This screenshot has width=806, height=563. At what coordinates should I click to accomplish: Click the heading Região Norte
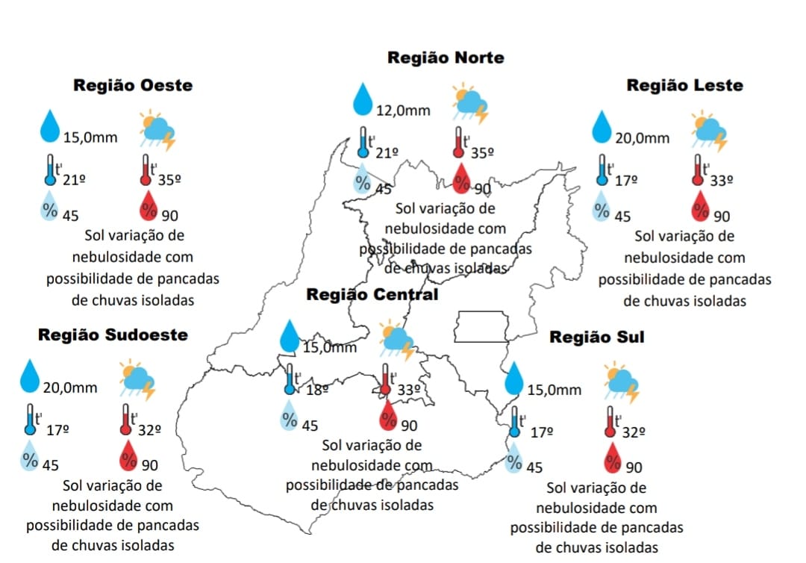click(x=446, y=57)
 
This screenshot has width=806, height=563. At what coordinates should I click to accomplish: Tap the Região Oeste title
click(x=133, y=85)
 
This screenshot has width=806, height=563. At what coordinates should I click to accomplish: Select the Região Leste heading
click(x=684, y=85)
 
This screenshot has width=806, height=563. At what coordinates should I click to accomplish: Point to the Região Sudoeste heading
click(x=113, y=335)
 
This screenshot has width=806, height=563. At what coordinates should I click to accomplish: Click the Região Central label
click(x=372, y=294)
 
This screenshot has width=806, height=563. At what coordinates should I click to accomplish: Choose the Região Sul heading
click(x=596, y=337)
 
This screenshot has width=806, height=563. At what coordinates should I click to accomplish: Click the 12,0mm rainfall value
click(x=403, y=111)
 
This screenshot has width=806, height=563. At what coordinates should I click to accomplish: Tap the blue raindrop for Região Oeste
click(x=50, y=127)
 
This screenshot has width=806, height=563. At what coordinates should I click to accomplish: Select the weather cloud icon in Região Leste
click(x=709, y=131)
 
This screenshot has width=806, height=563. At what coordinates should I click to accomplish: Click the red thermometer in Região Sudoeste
click(x=126, y=420)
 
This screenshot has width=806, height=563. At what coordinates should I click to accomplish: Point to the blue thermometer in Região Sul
click(x=514, y=422)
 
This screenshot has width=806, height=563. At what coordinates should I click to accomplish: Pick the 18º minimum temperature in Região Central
click(x=316, y=389)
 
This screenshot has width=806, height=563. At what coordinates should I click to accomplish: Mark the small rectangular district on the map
click(x=482, y=326)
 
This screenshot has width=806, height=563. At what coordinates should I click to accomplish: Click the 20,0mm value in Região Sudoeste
click(x=70, y=388)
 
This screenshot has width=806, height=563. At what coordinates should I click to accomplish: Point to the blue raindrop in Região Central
click(x=289, y=336)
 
